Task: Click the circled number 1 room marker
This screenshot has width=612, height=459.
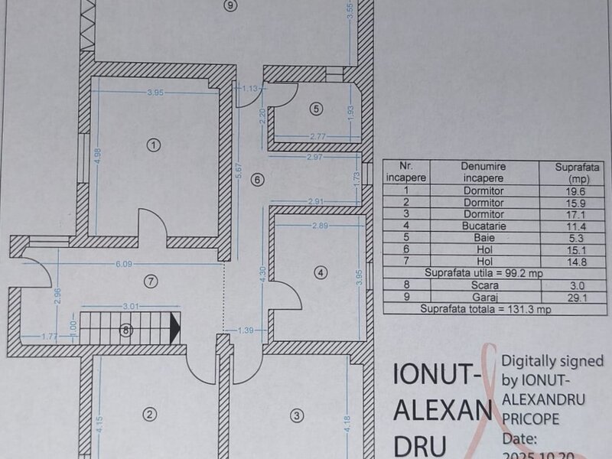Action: pos(154,145)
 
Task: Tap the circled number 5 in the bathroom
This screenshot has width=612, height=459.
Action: pos(316,109)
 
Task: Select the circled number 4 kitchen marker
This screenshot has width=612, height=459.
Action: pos(321,272)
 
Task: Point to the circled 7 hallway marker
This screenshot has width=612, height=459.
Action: pos(151,281)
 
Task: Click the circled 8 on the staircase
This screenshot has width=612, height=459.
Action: pos(125,330)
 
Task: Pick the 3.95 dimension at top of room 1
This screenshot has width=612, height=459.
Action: pos(155,93)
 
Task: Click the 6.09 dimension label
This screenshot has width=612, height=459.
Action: pos(124,264)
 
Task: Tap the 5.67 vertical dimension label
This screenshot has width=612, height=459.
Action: pos(239,171)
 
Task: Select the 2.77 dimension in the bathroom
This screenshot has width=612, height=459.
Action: pos(318,137)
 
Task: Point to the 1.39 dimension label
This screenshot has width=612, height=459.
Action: pos(246,330)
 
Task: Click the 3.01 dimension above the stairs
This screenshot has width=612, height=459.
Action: pos(131,307)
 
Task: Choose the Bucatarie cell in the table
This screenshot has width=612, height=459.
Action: pos(484,226)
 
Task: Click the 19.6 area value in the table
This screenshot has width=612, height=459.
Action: pos(577,191)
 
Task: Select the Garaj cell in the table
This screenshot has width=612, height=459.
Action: pos(485,298)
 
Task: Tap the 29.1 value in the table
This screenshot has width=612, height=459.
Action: pos(578,298)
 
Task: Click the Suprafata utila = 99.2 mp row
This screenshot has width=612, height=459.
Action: pos(483,273)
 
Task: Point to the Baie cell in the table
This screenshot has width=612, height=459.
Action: pos(484,238)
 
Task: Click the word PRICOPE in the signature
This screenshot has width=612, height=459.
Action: pos(530,418)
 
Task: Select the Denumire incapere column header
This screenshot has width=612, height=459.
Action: pos(483,172)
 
